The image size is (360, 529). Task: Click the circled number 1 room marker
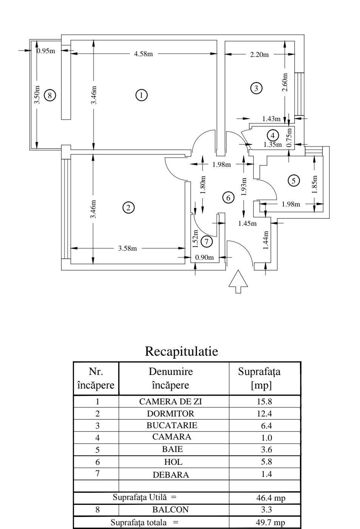click(141, 95)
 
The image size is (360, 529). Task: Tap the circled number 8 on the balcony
click(49, 95)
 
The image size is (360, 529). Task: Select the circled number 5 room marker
click(293, 180)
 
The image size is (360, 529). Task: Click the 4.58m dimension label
click(144, 54)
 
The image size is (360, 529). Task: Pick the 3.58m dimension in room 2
click(128, 248)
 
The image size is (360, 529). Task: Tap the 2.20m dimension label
click(260, 55)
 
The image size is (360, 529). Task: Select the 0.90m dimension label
click(204, 258)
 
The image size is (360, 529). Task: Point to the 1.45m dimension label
click(247, 224)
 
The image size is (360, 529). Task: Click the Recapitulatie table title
click(181, 352)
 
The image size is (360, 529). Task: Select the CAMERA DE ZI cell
click(171, 402)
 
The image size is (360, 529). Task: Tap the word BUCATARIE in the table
click(172, 426)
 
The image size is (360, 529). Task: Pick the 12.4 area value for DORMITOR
click(264, 414)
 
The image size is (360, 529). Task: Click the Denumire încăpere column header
click(171, 378)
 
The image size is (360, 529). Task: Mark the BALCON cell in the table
click(170, 510)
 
